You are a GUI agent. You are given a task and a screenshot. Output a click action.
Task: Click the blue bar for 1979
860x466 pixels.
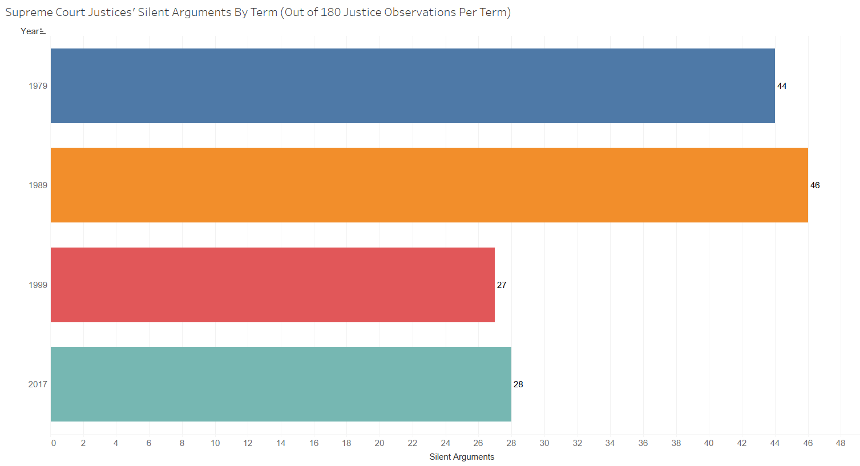pos(413,86)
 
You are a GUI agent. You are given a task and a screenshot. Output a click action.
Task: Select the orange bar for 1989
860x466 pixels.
pos(429,185)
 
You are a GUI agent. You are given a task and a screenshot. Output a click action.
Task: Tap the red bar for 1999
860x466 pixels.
pos(273,285)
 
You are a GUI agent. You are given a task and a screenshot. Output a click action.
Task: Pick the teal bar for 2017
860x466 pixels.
pos(281,384)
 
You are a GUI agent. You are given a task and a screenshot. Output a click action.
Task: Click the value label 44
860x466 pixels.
pos(782,86)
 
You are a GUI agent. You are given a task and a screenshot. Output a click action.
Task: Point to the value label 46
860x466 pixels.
pos(815,185)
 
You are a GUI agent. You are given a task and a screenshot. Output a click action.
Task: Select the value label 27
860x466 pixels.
pos(502,285)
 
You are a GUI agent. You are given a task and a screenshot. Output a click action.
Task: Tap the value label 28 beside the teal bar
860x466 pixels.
pos(518,384)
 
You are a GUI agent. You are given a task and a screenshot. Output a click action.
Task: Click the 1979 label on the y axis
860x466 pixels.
pos(38,86)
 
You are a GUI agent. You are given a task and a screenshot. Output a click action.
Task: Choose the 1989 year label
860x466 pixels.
pos(38,185)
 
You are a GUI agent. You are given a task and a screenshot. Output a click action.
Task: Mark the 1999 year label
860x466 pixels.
pos(38,285)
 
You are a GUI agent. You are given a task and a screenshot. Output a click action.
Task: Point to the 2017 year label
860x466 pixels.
pos(38,384)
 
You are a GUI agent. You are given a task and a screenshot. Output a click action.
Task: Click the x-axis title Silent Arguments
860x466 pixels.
pos(462,457)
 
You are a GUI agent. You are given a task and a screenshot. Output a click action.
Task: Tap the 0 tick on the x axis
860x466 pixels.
pos(54,443)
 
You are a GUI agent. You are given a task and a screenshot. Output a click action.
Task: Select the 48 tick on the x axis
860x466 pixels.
pos(841,443)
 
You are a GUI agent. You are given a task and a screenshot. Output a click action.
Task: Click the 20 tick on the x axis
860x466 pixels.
pos(379,443)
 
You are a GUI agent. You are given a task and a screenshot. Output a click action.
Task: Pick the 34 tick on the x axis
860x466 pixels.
pos(610,443)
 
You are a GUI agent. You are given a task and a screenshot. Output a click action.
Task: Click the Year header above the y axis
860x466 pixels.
pos(30,31)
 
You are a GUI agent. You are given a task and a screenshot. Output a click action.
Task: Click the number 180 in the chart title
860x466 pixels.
pos(330,13)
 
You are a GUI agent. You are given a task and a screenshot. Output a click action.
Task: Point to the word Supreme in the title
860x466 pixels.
pos(28,13)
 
